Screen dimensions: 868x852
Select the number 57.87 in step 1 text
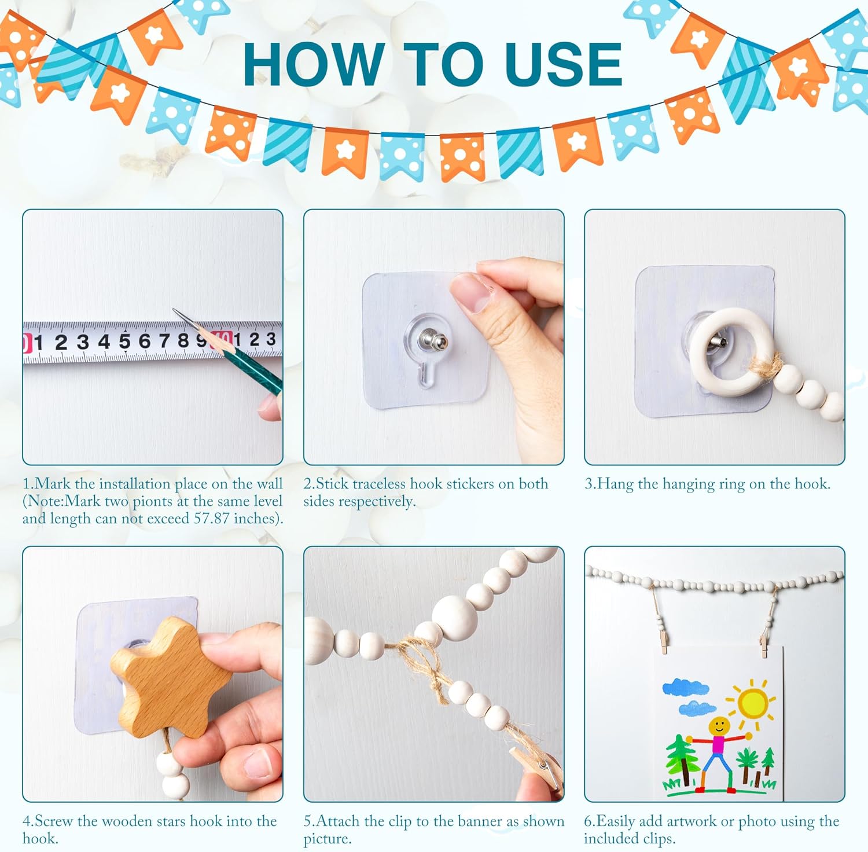[212, 518]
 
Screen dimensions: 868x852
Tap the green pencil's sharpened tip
[174, 310]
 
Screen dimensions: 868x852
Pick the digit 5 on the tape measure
[124, 341]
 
